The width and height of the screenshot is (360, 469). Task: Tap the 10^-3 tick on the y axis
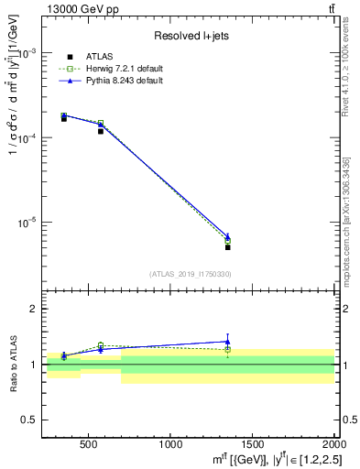[x=31, y=53]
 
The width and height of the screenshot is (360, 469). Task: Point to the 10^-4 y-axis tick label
[x=31, y=137]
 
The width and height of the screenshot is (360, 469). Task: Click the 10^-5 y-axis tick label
[x=31, y=223]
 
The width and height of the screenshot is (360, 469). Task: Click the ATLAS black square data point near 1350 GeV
[x=227, y=247]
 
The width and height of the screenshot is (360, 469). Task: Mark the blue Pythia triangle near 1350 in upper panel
[x=227, y=236]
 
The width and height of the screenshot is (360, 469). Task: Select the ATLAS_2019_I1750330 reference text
[x=191, y=274]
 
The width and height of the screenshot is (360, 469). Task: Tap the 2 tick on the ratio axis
[x=35, y=310]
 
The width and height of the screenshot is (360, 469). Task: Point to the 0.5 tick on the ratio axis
[x=31, y=420]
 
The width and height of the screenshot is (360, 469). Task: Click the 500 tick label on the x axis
[x=89, y=444]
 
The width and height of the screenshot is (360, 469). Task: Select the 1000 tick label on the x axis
[x=170, y=444]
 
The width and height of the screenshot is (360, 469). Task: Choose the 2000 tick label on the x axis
[x=331, y=444]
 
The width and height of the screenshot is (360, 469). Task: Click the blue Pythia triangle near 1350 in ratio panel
[x=227, y=342]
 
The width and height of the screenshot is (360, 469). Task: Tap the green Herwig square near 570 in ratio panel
[x=101, y=345]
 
